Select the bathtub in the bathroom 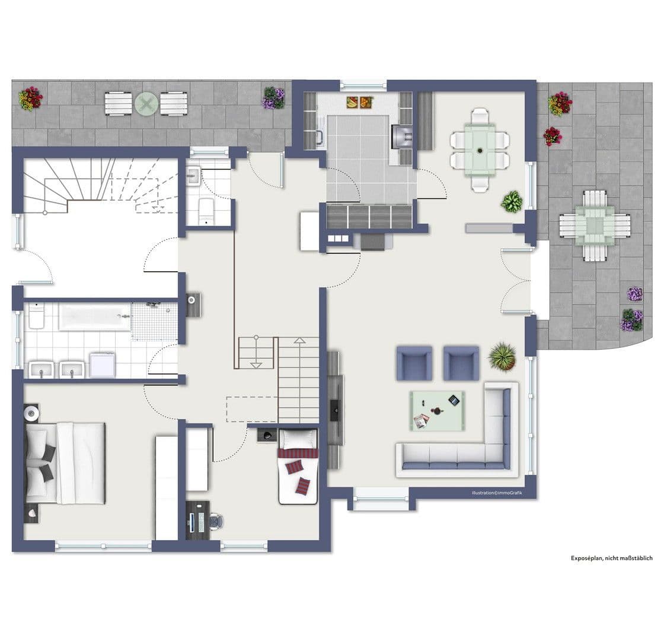pos(95,317)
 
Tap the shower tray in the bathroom pos(154,321)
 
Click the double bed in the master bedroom pos(65,462)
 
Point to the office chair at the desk pos(215,521)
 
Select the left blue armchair pos(414,363)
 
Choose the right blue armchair pos(461,363)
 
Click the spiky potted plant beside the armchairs pos(502,357)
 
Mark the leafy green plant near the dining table pos(512,202)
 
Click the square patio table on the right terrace pos(595,226)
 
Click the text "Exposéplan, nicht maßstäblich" pos(611,558)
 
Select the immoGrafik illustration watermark pos(497,493)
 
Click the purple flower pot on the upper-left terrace pos(273,97)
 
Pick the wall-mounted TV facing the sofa pos(334,408)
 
